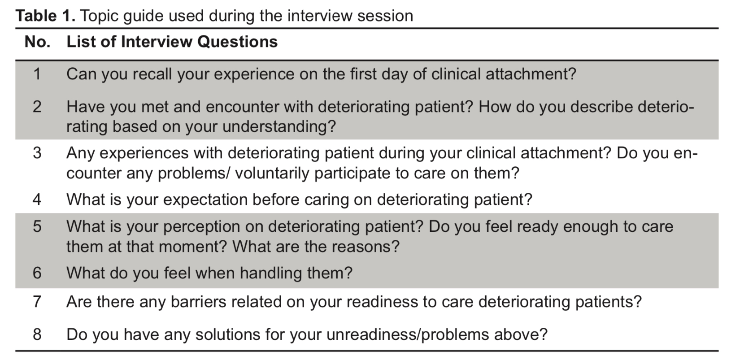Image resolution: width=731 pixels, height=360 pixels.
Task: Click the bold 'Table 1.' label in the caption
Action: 46,16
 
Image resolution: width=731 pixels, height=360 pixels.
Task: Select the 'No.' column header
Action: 38,42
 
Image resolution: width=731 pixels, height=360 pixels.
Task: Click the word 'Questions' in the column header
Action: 238,42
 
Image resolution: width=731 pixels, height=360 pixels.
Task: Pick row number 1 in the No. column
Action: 37,74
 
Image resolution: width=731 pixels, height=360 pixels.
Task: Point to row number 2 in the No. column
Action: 37,107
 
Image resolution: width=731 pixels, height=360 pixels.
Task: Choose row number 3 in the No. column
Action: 37,153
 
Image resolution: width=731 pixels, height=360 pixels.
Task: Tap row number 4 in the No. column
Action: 37,199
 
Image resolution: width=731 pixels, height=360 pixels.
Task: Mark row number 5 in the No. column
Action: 37,226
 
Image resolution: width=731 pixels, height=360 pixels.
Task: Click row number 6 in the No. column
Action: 37,273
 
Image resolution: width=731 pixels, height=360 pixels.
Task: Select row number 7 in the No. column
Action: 37,302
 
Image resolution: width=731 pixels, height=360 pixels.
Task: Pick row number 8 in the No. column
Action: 37,334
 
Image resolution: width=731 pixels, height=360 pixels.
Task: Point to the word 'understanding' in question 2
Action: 275,126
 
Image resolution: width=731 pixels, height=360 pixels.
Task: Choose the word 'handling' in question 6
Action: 271,273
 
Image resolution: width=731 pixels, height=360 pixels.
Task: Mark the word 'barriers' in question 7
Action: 198,302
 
